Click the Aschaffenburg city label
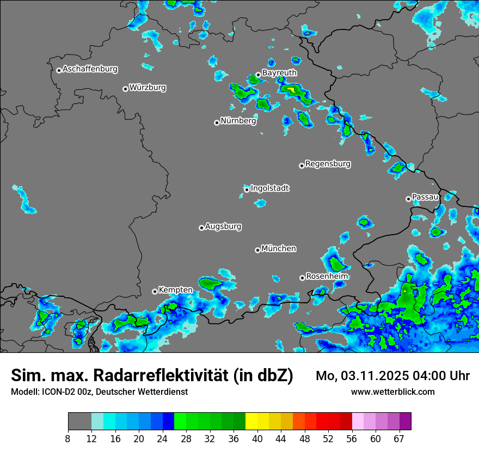90,69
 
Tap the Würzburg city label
148,88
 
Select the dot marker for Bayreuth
258,75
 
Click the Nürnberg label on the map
238,121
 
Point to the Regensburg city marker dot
302,166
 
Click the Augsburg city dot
201,228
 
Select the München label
279,249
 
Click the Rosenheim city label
327,277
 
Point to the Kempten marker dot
155,291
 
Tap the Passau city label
425,197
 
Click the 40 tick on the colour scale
257,438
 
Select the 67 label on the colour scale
399,438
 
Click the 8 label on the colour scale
68,438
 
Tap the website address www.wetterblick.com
393,392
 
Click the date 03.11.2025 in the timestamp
372,376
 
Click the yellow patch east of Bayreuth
292,89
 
